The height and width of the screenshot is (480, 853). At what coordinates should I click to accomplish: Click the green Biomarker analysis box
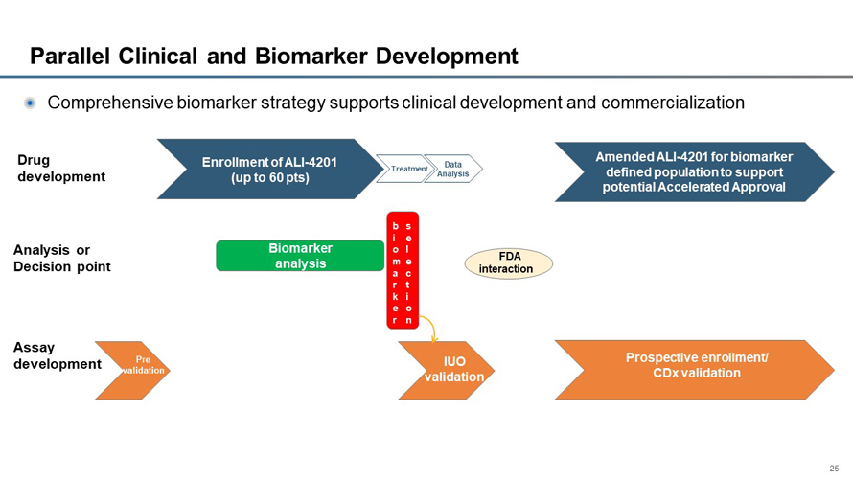coord(300,256)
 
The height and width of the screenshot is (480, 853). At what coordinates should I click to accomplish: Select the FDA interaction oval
coord(508,263)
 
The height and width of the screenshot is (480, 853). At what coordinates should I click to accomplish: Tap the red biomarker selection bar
coord(403,270)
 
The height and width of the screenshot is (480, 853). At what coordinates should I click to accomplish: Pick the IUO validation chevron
coord(452,370)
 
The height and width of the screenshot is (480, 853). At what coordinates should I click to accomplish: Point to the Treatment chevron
coord(403,169)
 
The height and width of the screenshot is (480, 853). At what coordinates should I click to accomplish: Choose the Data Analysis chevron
coord(453,169)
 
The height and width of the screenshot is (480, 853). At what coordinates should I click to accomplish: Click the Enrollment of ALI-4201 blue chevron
coord(269,170)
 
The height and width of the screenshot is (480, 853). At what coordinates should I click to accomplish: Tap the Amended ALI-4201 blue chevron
coord(693,171)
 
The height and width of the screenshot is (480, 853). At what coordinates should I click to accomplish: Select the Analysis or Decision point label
coord(61,259)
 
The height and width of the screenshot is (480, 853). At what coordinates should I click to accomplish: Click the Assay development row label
coord(57,355)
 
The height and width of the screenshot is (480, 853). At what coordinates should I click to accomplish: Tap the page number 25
coord(834,469)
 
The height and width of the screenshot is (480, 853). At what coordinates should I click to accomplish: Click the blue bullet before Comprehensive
coord(30,103)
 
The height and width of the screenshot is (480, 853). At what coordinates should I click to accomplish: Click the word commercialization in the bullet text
coord(659,103)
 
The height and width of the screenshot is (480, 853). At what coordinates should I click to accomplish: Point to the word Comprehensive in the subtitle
coord(109,103)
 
